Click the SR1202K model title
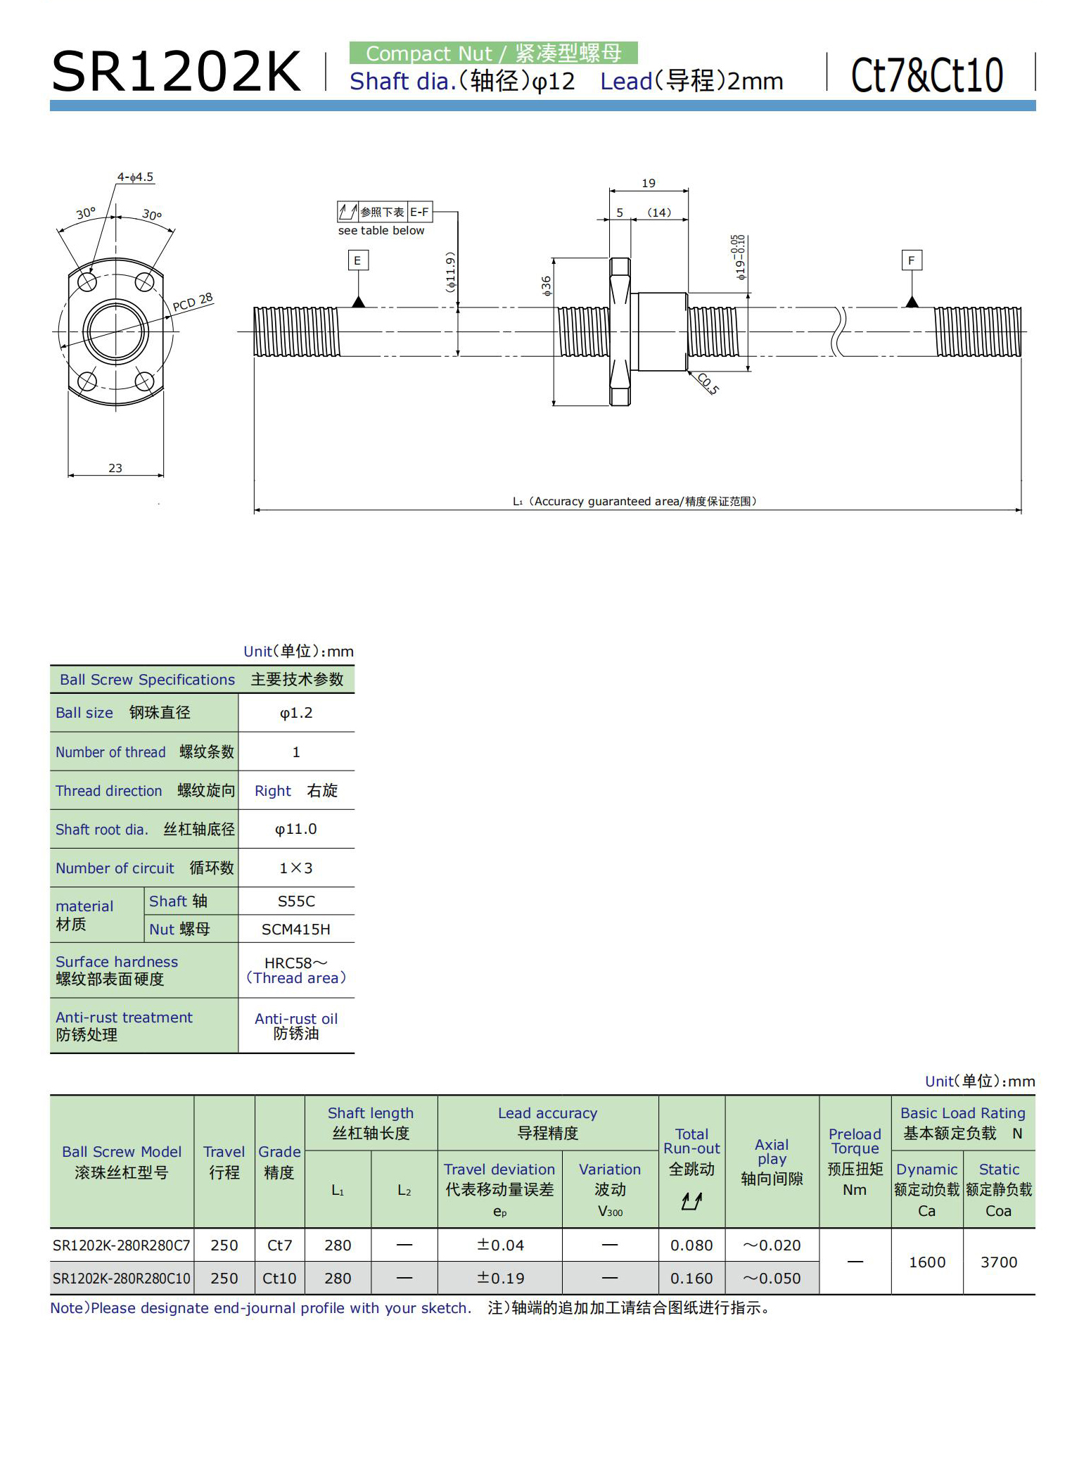(176, 72)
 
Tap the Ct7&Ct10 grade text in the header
(927, 75)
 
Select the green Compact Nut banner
(493, 53)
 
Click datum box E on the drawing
(357, 261)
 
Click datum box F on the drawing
(911, 261)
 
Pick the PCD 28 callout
(193, 302)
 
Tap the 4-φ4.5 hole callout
(135, 177)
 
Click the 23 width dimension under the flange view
(115, 468)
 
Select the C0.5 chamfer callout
(708, 383)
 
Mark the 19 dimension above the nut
(649, 183)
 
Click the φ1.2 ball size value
(296, 713)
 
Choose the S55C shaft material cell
(296, 901)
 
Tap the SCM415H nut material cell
(296, 930)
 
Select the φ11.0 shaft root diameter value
(296, 829)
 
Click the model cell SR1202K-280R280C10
(122, 1279)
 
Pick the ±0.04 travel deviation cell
(500, 1245)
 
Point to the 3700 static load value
(999, 1262)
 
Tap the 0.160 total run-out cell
(691, 1279)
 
